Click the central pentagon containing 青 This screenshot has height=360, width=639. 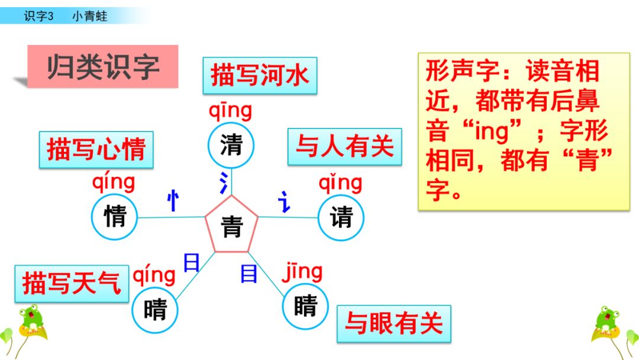click(x=231, y=225)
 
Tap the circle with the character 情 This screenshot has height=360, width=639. click(x=115, y=217)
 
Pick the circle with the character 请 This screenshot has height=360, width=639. click(x=341, y=217)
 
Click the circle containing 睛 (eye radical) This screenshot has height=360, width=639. click(x=305, y=306)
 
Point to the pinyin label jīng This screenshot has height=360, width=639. click(x=302, y=272)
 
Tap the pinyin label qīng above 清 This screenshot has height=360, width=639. click(x=230, y=111)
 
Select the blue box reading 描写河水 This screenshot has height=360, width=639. click(x=260, y=76)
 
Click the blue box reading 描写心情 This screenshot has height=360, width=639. click(x=96, y=149)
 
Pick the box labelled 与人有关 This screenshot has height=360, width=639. click(x=344, y=146)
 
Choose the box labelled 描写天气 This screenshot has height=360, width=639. click(x=72, y=283)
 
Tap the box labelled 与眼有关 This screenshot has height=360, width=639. click(x=393, y=323)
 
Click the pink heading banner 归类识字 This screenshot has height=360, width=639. click(x=103, y=66)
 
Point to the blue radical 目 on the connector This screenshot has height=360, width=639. click(x=248, y=273)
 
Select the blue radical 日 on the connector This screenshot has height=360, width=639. click(x=191, y=262)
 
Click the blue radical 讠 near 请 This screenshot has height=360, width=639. click(x=285, y=202)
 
